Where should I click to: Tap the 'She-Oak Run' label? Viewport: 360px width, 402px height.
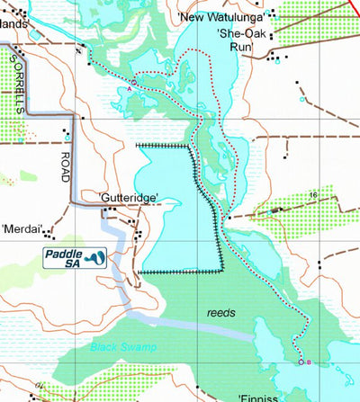click(238, 40)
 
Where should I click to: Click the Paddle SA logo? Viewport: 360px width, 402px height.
click(75, 258)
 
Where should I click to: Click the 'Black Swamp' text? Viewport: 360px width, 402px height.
click(123, 346)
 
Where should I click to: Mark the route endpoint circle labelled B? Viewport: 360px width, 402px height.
click(301, 362)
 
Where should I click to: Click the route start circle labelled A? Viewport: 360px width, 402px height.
click(134, 83)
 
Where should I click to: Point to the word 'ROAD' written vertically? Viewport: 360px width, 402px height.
click(66, 165)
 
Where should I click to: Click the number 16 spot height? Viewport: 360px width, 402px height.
click(313, 194)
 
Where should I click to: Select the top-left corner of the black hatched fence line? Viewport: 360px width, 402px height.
click(137, 144)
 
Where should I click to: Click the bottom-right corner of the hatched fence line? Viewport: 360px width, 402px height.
click(222, 271)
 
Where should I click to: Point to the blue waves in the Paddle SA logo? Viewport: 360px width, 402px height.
click(98, 258)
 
